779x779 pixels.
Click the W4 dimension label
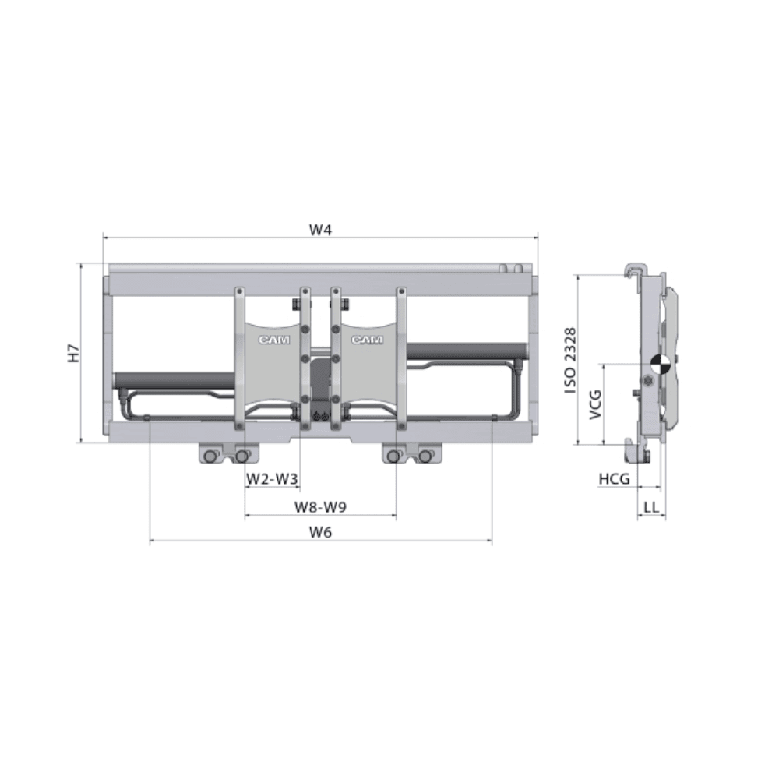pos(320,230)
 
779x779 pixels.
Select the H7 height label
pos(73,353)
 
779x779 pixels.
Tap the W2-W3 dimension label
pos(272,479)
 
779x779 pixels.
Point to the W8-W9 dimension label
pos(320,507)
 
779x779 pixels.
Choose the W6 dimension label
pos(320,532)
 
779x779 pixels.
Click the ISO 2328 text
pos(571,360)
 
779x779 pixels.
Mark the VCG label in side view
pos(595,404)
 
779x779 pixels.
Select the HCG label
pos(614,479)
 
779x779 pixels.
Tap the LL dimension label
pos(651,507)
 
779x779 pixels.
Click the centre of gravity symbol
pos(661,365)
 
